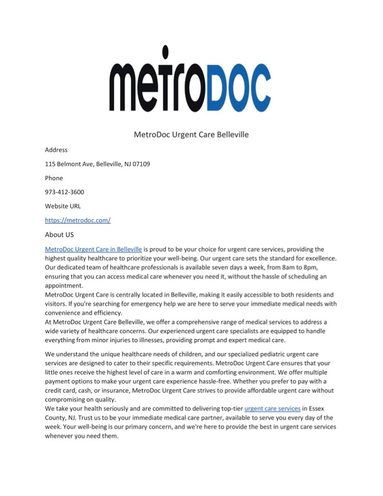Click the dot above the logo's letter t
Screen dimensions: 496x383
(x=165, y=52)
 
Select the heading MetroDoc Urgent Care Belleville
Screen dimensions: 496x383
(x=191, y=135)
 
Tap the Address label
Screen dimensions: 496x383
(x=56, y=150)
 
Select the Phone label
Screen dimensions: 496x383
(x=54, y=178)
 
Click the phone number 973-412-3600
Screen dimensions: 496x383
(x=64, y=192)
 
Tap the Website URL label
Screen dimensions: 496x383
(x=63, y=206)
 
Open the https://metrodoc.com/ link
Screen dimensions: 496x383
(x=78, y=220)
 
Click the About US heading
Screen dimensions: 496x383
(x=59, y=235)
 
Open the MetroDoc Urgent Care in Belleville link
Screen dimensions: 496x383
(x=94, y=249)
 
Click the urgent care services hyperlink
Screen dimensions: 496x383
(x=272, y=408)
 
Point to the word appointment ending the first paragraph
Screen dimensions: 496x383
(x=64, y=285)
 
